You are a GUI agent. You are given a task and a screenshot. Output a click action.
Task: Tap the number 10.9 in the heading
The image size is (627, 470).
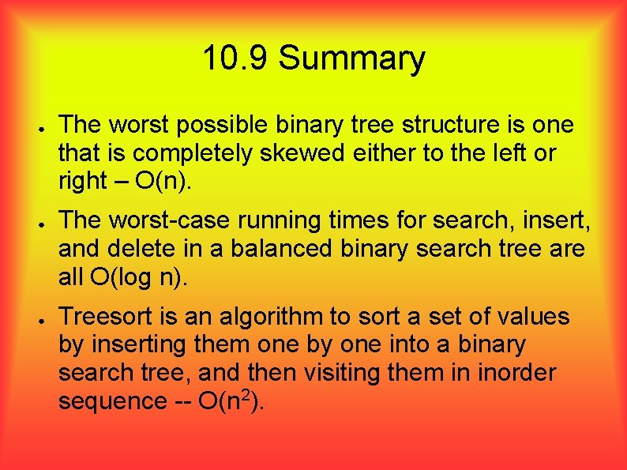click(236, 58)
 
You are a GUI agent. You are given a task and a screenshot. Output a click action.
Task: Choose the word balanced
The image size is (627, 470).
click(280, 249)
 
